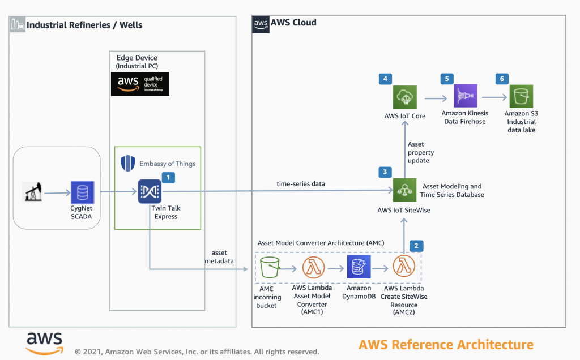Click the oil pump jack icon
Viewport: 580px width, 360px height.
click(32, 192)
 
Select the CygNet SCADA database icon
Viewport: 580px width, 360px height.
click(82, 192)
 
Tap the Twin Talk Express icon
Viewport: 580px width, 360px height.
click(150, 192)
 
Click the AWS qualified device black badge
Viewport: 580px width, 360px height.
click(140, 84)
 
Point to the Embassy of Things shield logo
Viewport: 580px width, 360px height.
click(128, 164)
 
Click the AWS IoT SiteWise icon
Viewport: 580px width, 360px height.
click(404, 190)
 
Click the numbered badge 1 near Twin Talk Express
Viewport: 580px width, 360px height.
click(169, 177)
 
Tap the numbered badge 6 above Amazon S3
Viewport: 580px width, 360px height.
click(500, 79)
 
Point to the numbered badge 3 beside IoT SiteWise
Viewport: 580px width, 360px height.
click(385, 172)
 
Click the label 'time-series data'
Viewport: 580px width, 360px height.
click(300, 185)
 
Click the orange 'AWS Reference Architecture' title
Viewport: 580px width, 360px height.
click(446, 344)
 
